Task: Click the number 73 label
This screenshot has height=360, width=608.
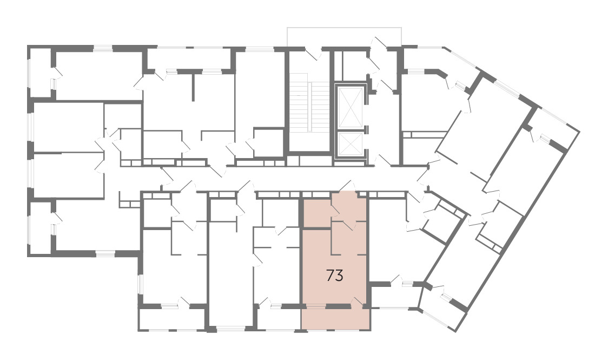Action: [335, 276]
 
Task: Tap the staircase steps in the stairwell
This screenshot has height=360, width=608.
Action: [309, 107]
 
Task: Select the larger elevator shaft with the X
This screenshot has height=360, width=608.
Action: [350, 107]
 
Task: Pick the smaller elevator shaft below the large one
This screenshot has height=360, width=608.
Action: [350, 145]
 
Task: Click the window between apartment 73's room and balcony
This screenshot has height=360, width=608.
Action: [314, 306]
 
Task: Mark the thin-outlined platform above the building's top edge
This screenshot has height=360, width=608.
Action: [345, 36]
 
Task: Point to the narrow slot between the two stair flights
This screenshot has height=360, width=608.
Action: [310, 107]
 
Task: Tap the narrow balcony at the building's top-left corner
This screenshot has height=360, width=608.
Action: [41, 72]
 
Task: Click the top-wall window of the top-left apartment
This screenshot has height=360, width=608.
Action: [103, 48]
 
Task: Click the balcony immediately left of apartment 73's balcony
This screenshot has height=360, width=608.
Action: [277, 318]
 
